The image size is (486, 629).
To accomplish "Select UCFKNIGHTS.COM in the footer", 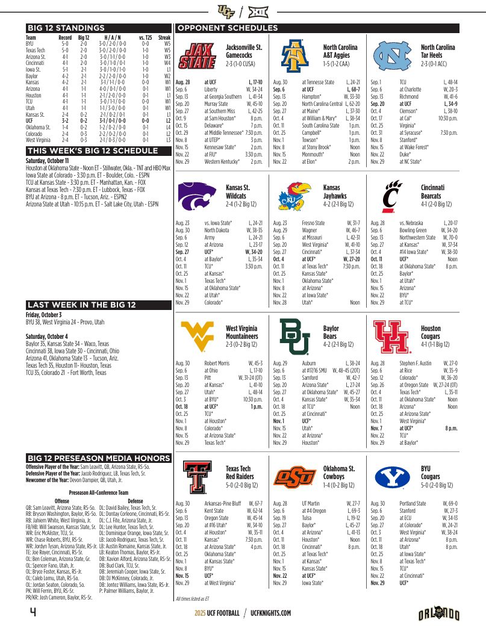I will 271,613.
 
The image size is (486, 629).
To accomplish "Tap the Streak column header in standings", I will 164,37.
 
